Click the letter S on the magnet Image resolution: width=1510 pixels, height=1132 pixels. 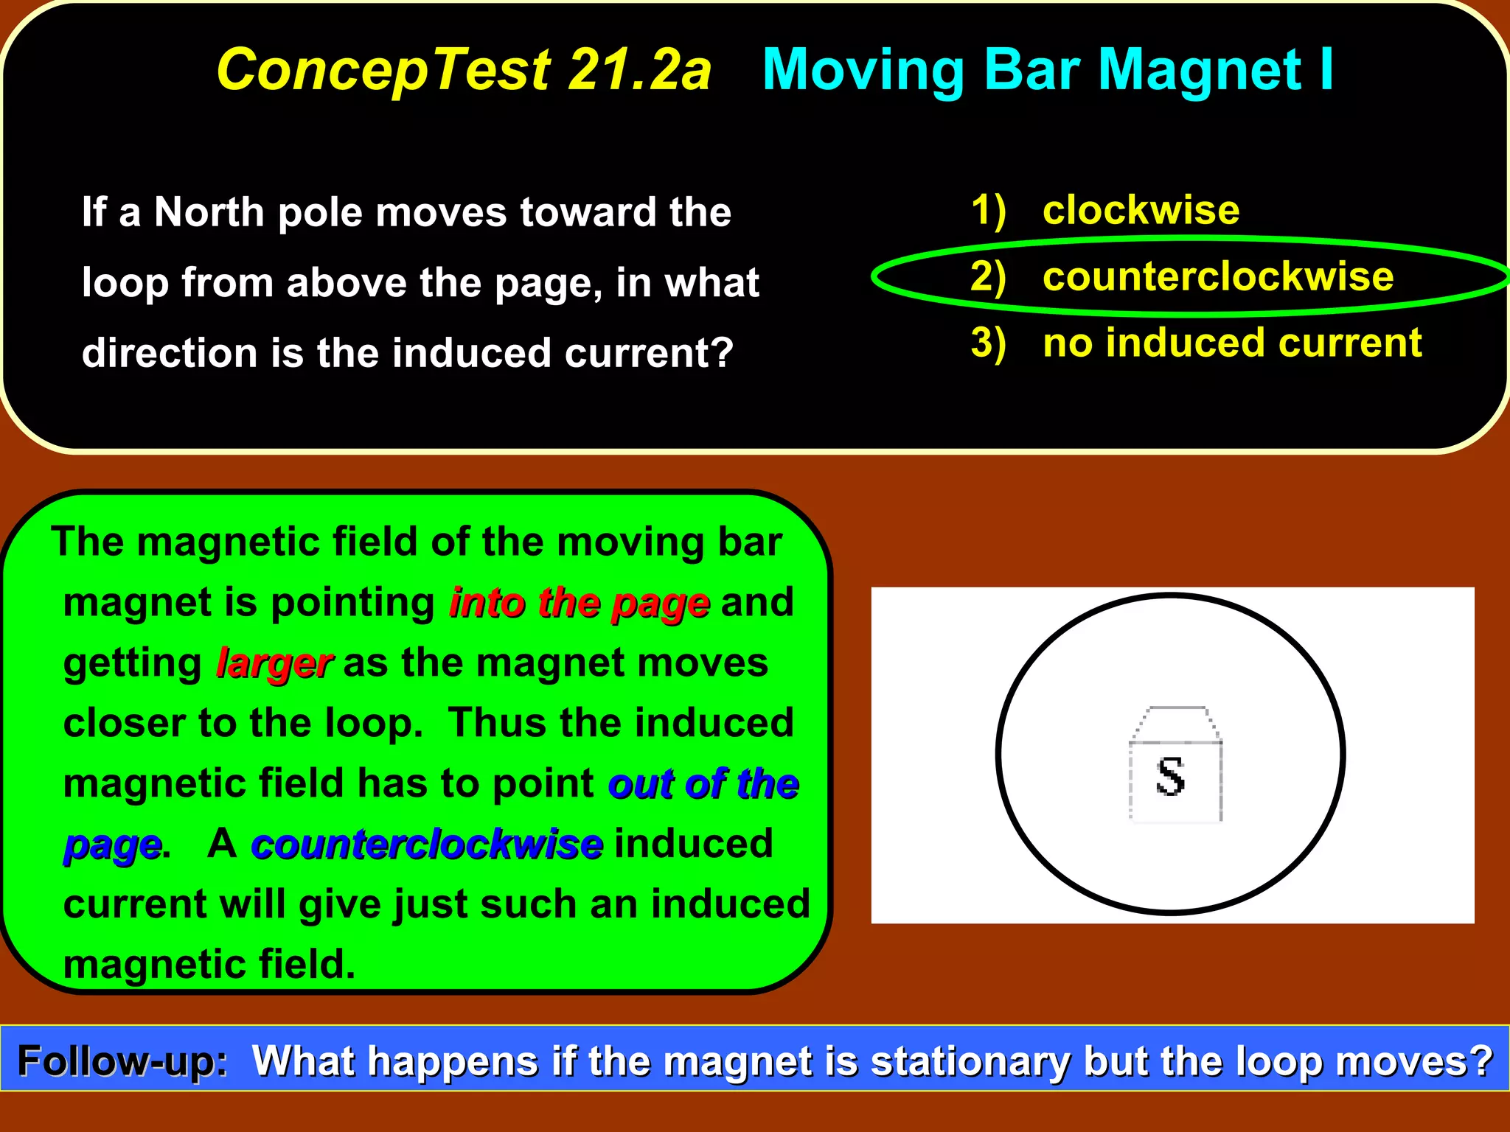pos(1171,777)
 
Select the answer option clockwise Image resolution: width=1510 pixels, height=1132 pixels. pos(1141,211)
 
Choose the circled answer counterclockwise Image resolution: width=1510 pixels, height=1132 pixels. pos(1218,277)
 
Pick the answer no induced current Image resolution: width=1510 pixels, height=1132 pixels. pos(1232,343)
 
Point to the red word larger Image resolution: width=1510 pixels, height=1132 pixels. pos(274,663)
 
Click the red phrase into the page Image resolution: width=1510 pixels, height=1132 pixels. pos(580,603)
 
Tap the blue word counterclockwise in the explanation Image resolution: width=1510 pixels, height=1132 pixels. pos(427,844)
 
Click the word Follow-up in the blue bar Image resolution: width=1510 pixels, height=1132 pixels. pos(122,1062)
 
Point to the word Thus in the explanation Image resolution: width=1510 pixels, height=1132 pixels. pos(497,723)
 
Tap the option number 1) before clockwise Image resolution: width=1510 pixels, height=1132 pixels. pos(988,211)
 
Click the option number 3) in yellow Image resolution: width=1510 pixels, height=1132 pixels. pos(988,343)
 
